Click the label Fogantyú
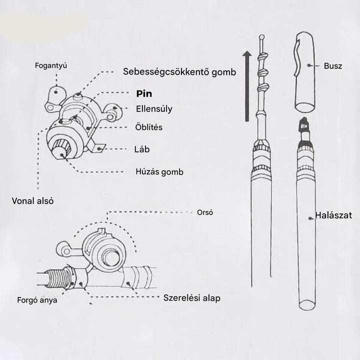(50, 65)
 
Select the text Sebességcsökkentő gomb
(179, 71)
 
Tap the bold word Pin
(144, 94)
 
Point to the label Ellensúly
(154, 108)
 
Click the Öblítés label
(149, 127)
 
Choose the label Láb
(142, 149)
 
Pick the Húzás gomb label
(159, 172)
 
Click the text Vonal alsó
(32, 201)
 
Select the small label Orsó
(205, 212)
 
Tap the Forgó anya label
(37, 300)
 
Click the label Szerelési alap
(191, 298)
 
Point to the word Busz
(333, 65)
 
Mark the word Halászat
(333, 215)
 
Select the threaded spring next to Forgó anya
(58, 278)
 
